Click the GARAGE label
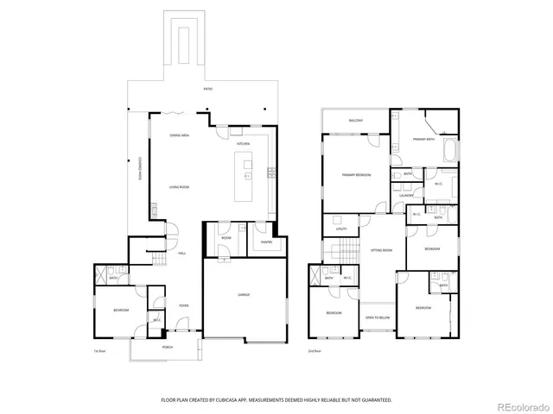click(244, 295)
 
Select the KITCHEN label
click(245, 143)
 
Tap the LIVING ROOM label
click(179, 187)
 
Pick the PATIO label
click(207, 89)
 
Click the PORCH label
click(168, 347)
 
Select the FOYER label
click(183, 305)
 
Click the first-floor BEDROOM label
click(121, 310)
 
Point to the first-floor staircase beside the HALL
click(158, 260)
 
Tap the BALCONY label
click(356, 120)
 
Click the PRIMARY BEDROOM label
click(356, 175)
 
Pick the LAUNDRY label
click(406, 195)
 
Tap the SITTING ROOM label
click(382, 250)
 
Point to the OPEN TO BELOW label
click(376, 317)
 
